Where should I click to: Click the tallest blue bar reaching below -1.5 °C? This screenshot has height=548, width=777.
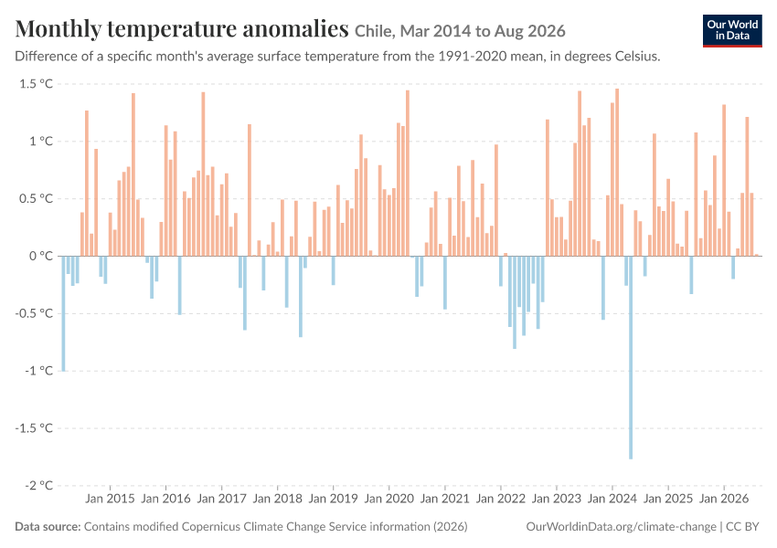[631, 357]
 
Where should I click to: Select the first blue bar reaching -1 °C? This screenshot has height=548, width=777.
[63, 313]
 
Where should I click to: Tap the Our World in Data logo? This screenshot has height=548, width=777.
[732, 31]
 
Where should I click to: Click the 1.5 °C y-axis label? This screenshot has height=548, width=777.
[37, 84]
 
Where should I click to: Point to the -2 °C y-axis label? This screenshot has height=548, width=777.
[38, 485]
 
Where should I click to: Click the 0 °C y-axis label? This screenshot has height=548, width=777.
[40, 256]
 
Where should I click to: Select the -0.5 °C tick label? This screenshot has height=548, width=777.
[34, 313]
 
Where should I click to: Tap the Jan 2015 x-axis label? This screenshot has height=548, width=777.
[110, 499]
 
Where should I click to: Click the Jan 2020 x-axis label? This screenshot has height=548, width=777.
[389, 499]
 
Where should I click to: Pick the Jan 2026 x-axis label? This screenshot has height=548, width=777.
[724, 499]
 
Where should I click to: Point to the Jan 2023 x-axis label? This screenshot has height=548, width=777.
[557, 499]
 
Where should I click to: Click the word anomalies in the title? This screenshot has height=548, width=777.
[295, 29]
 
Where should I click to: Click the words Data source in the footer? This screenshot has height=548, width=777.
[48, 527]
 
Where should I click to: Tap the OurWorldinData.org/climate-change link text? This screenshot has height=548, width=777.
[621, 527]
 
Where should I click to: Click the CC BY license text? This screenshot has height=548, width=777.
[742, 527]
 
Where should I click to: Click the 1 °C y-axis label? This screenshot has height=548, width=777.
[40, 141]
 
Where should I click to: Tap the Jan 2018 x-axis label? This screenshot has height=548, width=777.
[278, 499]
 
